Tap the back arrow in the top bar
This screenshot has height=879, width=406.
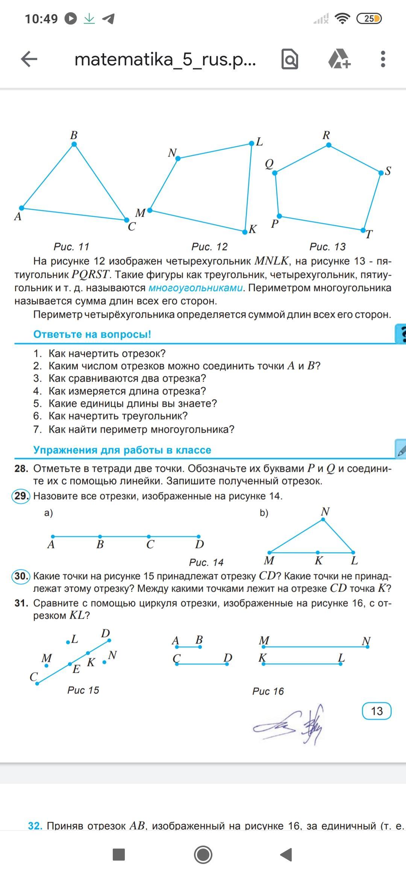pyautogui.click(x=29, y=59)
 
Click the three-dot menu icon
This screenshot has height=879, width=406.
pyautogui.click(x=383, y=59)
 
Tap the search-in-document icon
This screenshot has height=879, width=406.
pyautogui.click(x=290, y=59)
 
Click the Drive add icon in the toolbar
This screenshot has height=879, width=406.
pyautogui.click(x=339, y=59)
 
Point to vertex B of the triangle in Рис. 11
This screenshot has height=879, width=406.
pyautogui.click(x=74, y=144)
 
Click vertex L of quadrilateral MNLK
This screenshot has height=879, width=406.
pyautogui.click(x=251, y=143)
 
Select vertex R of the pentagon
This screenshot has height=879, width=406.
pyautogui.click(x=329, y=145)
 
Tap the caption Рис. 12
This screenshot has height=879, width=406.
pyautogui.click(x=209, y=247)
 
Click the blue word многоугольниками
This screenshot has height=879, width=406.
pyautogui.click(x=195, y=288)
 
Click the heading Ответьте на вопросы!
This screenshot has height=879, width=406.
pyautogui.click(x=92, y=334)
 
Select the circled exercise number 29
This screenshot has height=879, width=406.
pyautogui.click(x=21, y=496)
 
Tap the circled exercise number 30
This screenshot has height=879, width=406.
pyautogui.click(x=21, y=576)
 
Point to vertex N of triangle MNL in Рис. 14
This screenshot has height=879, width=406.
pyautogui.click(x=323, y=520)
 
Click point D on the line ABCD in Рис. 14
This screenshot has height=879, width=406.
pyautogui.click(x=198, y=536)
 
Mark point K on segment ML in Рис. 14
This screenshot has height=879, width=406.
pyautogui.click(x=318, y=552)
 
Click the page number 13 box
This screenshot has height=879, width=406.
pyautogui.click(x=377, y=711)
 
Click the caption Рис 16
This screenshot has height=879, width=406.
pyautogui.click(x=268, y=691)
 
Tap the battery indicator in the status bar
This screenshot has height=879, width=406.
pyautogui.click(x=369, y=18)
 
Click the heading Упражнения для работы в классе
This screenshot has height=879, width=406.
pyautogui.click(x=122, y=450)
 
